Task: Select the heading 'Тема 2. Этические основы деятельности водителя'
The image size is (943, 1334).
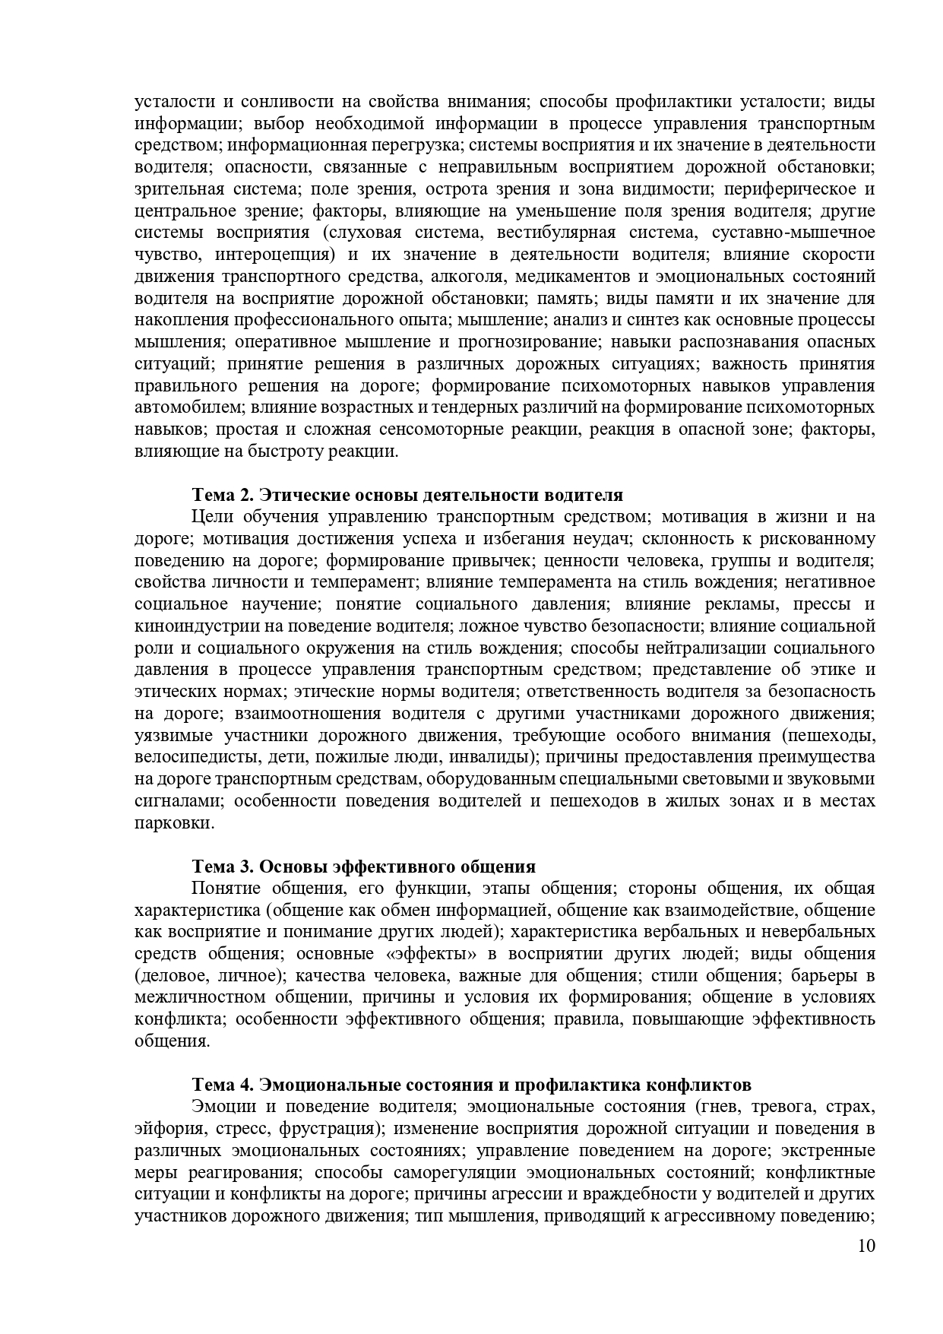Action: click(407, 496)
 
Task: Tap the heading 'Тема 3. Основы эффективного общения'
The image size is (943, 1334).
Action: click(364, 867)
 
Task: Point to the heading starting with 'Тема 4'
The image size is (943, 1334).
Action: click(472, 1084)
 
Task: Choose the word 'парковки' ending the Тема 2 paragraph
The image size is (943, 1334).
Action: click(172, 823)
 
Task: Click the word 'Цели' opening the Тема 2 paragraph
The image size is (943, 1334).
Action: click(212, 518)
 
